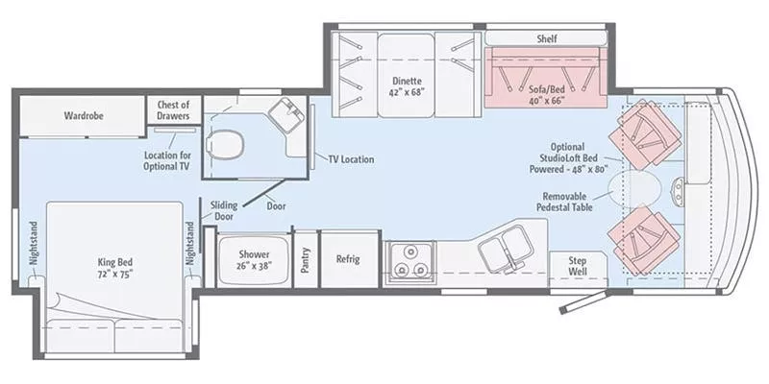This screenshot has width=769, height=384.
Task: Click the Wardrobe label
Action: click(x=84, y=115)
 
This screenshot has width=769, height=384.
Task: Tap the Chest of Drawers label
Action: click(x=173, y=110)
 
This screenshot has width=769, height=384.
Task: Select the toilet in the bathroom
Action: click(x=225, y=145)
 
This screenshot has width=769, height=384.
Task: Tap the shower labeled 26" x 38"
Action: click(x=248, y=259)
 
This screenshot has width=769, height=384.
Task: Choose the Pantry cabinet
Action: click(x=306, y=260)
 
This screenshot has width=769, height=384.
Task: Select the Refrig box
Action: click(x=348, y=258)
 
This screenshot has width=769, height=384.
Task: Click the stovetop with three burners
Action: click(x=409, y=260)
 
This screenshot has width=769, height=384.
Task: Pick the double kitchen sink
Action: click(x=506, y=252)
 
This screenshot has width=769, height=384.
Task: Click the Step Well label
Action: click(x=578, y=266)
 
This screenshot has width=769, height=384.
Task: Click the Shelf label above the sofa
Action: click(x=547, y=38)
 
